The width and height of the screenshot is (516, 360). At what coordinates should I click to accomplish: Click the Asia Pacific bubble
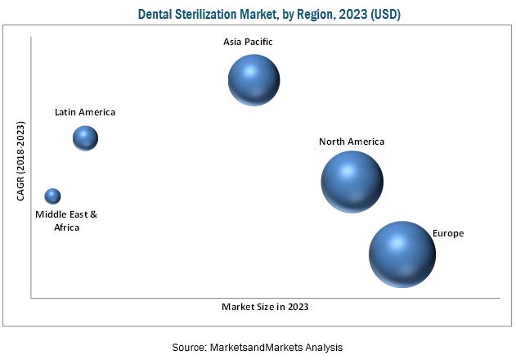pos(254,80)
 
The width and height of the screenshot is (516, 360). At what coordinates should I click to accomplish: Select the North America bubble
pos(352,181)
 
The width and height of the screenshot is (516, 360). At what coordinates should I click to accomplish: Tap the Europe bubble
pos(402,254)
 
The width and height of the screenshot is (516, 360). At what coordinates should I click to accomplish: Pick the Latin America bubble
pos(85,138)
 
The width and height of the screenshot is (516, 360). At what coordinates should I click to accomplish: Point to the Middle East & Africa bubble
pos(52,196)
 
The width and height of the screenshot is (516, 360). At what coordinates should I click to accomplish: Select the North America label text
pos(352,142)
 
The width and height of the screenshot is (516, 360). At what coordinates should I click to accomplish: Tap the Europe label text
pos(448,233)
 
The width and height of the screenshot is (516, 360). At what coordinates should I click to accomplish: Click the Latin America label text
pos(85,112)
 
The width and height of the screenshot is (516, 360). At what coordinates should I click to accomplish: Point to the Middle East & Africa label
pos(66,220)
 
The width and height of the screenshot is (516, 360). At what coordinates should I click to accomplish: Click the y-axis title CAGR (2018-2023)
pos(21,160)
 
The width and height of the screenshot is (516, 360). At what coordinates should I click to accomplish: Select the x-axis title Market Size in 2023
pos(265,307)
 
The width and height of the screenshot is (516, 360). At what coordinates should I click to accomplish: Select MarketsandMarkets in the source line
pos(258,347)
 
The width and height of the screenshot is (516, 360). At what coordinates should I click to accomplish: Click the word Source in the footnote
pos(189,347)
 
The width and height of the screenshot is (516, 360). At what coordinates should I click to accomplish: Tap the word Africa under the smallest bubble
pos(66,227)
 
